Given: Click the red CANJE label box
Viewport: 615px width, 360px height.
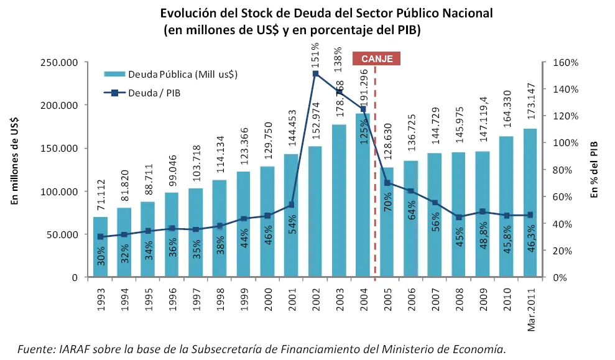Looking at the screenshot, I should pos(376,58).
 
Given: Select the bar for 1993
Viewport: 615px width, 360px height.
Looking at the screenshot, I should pos(100,249).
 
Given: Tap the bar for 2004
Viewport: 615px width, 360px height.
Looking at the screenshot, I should pos(363,199).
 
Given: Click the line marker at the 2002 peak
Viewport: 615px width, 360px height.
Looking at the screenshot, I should pos(315,74).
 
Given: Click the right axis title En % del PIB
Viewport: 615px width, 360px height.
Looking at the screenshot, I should pos(594,169).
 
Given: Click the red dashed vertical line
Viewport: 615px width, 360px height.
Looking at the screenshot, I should pos(375,187).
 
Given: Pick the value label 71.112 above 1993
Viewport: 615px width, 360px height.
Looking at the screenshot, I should pos(100,195).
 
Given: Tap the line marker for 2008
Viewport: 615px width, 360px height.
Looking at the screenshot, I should pos(459,217).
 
